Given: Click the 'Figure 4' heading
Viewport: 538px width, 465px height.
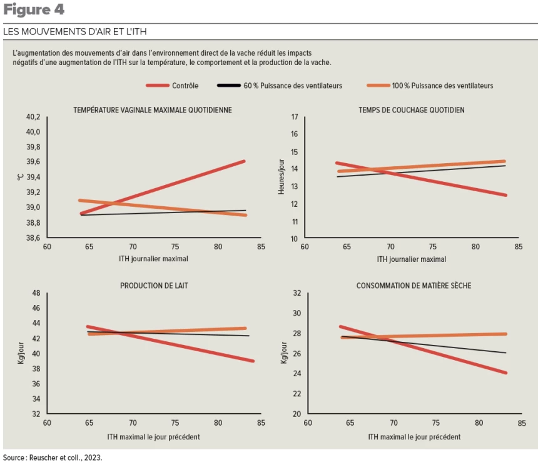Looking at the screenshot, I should [34, 10].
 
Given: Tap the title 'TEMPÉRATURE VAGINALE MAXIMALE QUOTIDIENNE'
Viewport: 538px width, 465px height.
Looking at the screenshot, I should [153, 110].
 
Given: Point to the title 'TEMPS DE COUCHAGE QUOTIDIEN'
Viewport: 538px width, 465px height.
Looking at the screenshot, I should [411, 110].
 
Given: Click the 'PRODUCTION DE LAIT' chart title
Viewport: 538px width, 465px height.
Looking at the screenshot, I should [154, 286].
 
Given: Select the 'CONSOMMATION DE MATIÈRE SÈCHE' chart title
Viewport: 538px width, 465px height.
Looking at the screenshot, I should [414, 286].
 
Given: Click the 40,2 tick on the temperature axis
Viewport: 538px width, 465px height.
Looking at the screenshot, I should [33, 117].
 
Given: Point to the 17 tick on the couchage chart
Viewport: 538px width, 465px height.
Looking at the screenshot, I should [295, 117].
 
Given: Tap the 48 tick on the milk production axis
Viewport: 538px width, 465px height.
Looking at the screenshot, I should [36, 293].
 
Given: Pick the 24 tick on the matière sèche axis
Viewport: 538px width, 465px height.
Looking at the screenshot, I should [297, 374].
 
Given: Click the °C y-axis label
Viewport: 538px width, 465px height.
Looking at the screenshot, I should [19, 177].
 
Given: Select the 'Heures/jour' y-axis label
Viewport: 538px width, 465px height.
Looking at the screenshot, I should [282, 177].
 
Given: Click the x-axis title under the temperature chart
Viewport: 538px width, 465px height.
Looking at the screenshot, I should [153, 259].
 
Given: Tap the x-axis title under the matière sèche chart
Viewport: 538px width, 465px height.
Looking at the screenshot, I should [414, 437].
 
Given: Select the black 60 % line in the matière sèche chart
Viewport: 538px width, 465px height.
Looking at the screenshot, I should [438, 346].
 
